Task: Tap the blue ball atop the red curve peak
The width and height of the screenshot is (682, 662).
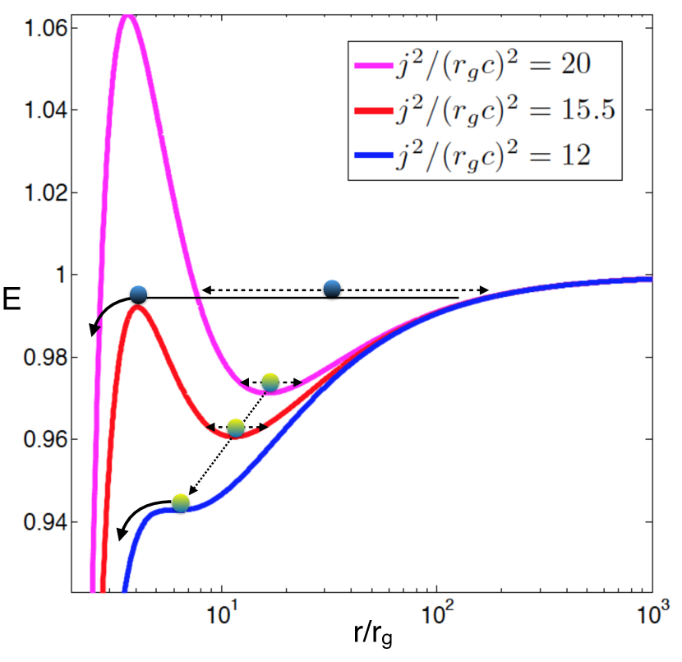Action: click(x=138, y=294)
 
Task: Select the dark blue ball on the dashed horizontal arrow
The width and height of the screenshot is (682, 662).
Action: click(x=332, y=288)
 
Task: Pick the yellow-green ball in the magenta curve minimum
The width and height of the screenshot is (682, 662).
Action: click(x=270, y=382)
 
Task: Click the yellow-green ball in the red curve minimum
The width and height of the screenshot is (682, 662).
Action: click(x=236, y=427)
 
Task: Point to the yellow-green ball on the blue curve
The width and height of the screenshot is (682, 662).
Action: click(x=181, y=502)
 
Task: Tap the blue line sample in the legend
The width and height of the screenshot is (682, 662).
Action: click(x=362, y=155)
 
